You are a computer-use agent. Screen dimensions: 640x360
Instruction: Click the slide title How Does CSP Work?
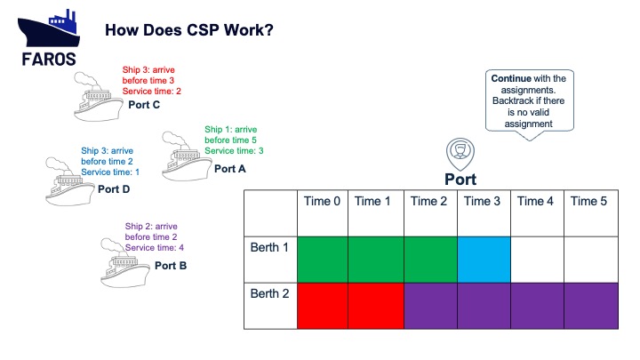click(189, 30)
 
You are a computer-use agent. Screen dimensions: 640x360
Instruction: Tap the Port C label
click(144, 105)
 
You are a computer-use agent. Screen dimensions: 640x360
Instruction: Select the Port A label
click(230, 169)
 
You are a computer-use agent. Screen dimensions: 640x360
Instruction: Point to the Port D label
click(114, 189)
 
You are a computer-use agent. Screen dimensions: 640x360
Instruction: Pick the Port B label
click(171, 266)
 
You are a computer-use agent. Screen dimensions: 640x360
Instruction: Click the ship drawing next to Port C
click(98, 97)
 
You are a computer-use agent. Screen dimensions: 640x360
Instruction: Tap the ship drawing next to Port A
click(187, 156)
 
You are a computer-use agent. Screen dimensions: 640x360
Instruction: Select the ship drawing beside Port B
click(125, 263)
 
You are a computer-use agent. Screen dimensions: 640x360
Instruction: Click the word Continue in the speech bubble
click(511, 78)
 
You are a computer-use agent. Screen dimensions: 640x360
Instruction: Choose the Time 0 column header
click(322, 201)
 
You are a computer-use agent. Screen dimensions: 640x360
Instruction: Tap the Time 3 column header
click(482, 201)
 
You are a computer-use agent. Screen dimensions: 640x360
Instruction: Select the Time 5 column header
click(588, 201)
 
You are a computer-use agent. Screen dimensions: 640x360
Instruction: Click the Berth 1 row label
click(269, 247)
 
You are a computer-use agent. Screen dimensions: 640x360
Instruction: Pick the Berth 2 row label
click(270, 293)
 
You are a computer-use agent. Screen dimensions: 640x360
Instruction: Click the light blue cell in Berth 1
click(484, 260)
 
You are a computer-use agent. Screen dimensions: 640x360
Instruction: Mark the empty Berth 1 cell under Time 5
click(591, 260)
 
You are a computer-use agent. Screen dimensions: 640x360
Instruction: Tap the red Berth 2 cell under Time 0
click(323, 306)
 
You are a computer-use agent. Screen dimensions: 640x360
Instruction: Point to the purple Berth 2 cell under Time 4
click(537, 306)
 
